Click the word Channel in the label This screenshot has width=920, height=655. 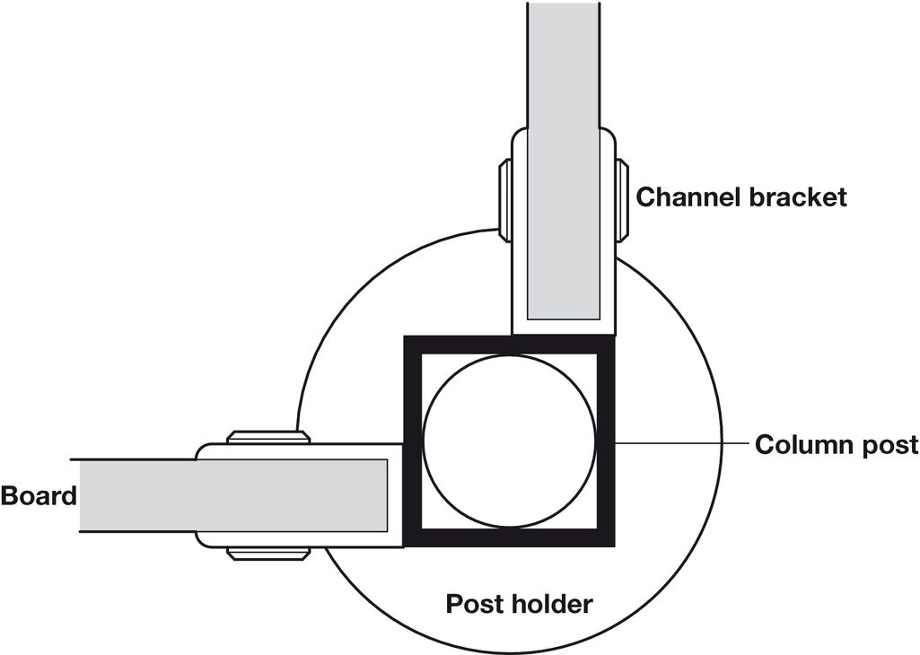[x=688, y=197]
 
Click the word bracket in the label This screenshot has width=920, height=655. [x=797, y=197]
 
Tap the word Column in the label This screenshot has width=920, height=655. [x=803, y=444]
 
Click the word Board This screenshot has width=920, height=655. [x=39, y=495]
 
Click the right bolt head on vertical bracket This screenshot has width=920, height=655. [x=621, y=200]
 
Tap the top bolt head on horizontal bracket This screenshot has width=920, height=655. [x=268, y=437]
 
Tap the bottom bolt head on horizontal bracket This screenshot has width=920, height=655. [x=268, y=553]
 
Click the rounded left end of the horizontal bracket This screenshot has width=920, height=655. [x=201, y=495]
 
